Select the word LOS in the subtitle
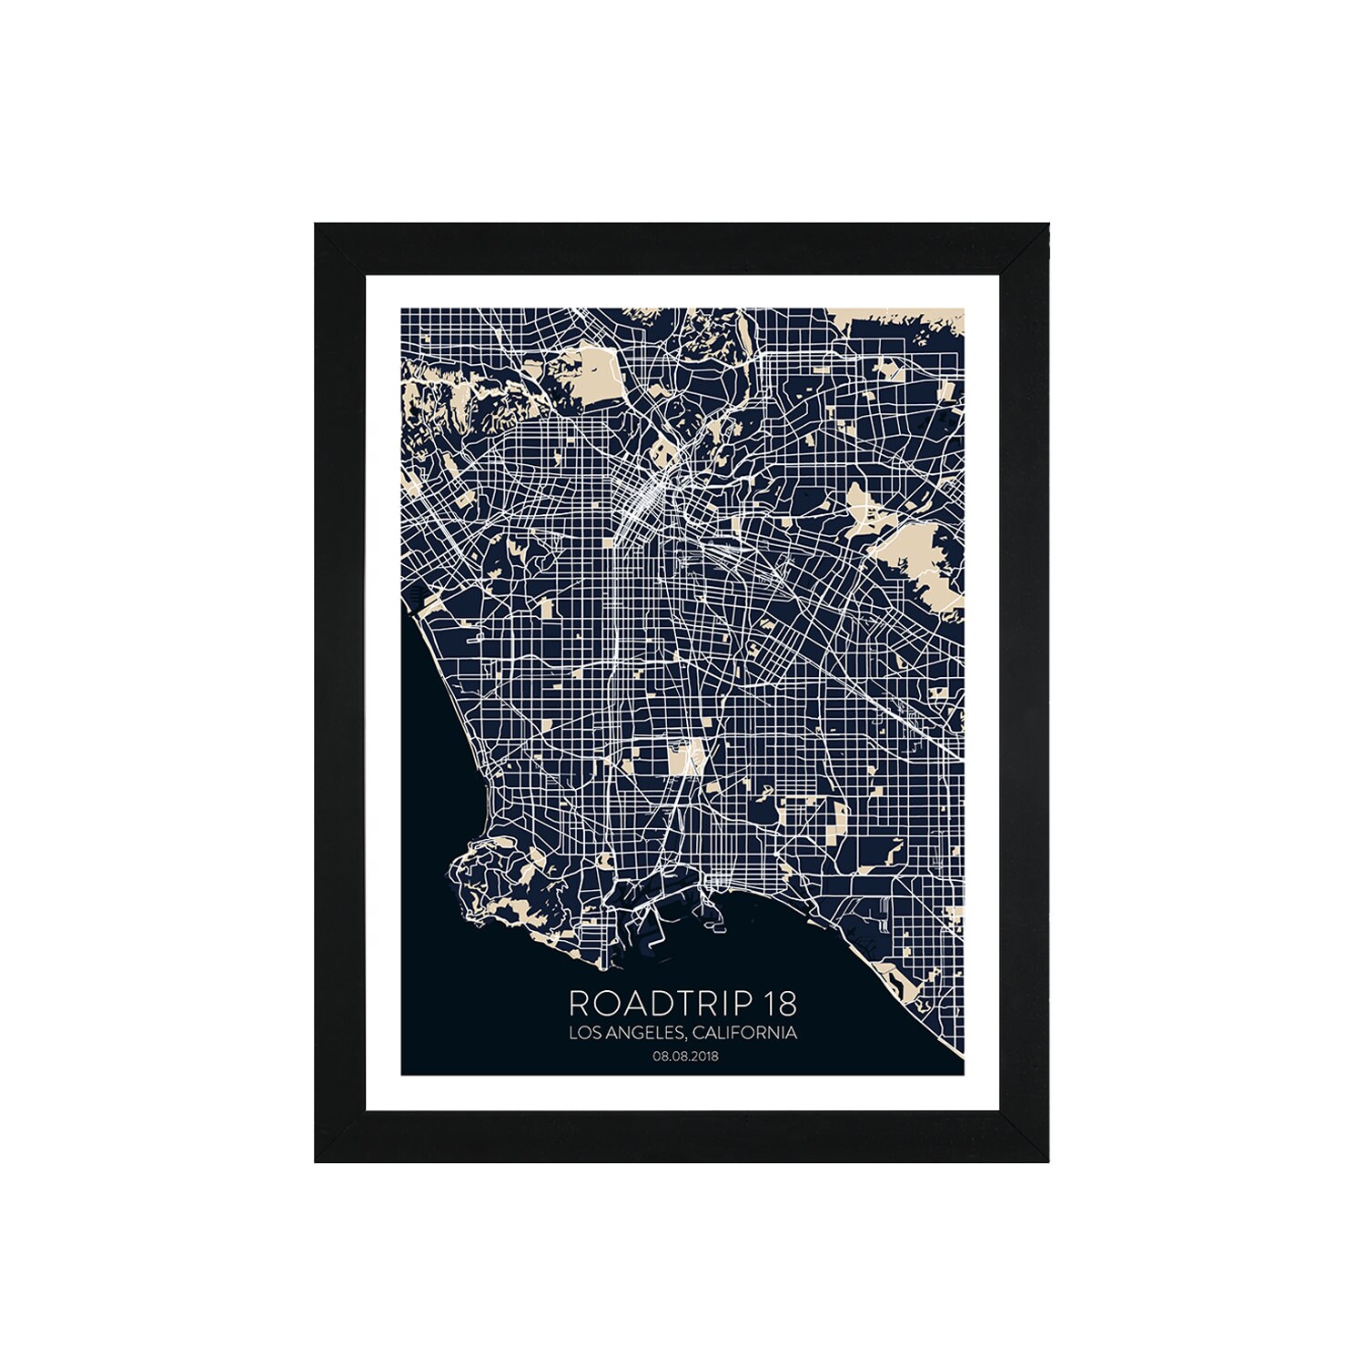tap(585, 1034)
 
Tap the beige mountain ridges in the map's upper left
tap(446, 391)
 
